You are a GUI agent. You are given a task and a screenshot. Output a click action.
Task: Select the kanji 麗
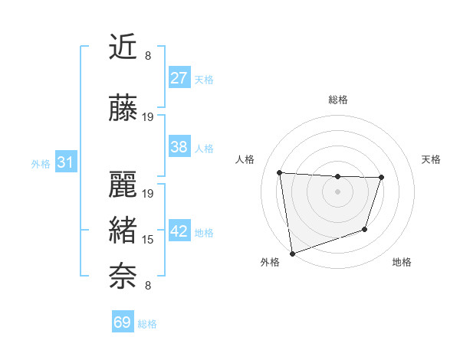(x=123, y=184)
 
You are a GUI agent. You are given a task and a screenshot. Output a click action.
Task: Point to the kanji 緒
(x=123, y=230)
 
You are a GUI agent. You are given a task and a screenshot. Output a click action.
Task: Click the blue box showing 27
(x=179, y=78)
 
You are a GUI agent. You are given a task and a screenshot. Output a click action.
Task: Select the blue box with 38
(x=179, y=147)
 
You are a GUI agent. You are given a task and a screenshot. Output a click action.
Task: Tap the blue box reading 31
(x=66, y=162)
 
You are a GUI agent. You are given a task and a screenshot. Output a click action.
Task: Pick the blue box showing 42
(x=179, y=231)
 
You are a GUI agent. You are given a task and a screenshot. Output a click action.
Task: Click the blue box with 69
(x=123, y=322)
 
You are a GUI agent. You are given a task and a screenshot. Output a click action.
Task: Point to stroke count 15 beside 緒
(x=148, y=240)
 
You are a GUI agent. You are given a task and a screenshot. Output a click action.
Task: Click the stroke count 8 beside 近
(x=148, y=56)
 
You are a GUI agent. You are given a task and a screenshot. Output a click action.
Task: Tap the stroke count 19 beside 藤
(x=148, y=117)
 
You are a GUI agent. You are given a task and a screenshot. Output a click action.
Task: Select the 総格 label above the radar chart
(x=337, y=100)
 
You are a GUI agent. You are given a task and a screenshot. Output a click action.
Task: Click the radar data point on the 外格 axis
(x=291, y=253)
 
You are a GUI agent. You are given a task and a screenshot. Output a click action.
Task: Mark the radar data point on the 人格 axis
(x=280, y=172)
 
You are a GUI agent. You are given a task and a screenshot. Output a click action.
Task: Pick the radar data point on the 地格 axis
(x=365, y=229)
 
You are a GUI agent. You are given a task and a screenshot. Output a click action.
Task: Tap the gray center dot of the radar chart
(x=337, y=191)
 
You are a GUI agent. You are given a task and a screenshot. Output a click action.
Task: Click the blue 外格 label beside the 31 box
(x=41, y=163)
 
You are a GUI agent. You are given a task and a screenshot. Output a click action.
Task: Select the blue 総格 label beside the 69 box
(x=147, y=324)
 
